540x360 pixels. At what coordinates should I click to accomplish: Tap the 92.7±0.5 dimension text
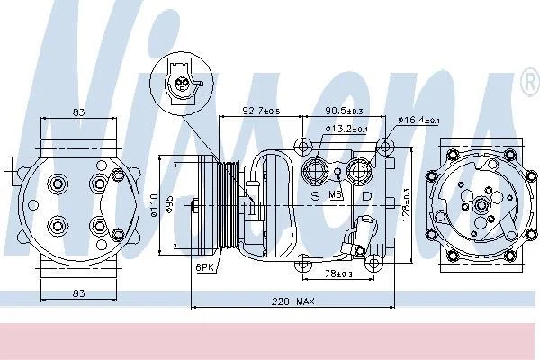click(261, 111)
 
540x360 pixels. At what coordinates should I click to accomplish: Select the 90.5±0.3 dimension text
click(344, 111)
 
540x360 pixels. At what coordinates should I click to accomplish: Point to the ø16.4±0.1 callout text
click(418, 121)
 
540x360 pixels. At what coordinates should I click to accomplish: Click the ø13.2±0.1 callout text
click(346, 129)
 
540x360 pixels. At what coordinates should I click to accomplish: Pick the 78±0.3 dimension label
click(339, 274)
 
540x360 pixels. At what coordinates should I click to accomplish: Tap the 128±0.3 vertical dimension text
click(407, 204)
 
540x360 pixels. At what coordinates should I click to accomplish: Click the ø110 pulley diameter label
click(154, 206)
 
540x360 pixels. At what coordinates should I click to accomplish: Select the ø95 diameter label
click(168, 207)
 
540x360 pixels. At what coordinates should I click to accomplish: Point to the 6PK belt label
click(204, 267)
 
